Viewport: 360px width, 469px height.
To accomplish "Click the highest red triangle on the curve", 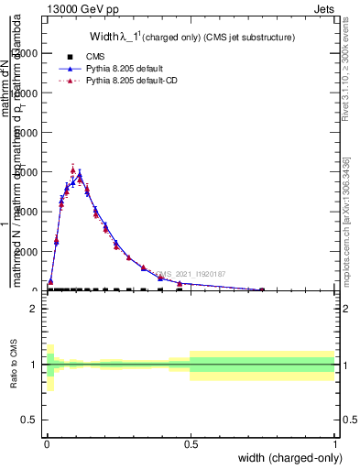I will tap(72, 170).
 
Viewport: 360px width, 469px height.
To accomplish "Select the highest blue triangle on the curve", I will tap(80, 174).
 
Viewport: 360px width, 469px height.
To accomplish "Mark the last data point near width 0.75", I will tap(262, 289).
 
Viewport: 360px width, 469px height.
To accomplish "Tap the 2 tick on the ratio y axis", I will tap(32, 308).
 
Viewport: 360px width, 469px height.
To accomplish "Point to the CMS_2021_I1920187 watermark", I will tap(190, 274).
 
